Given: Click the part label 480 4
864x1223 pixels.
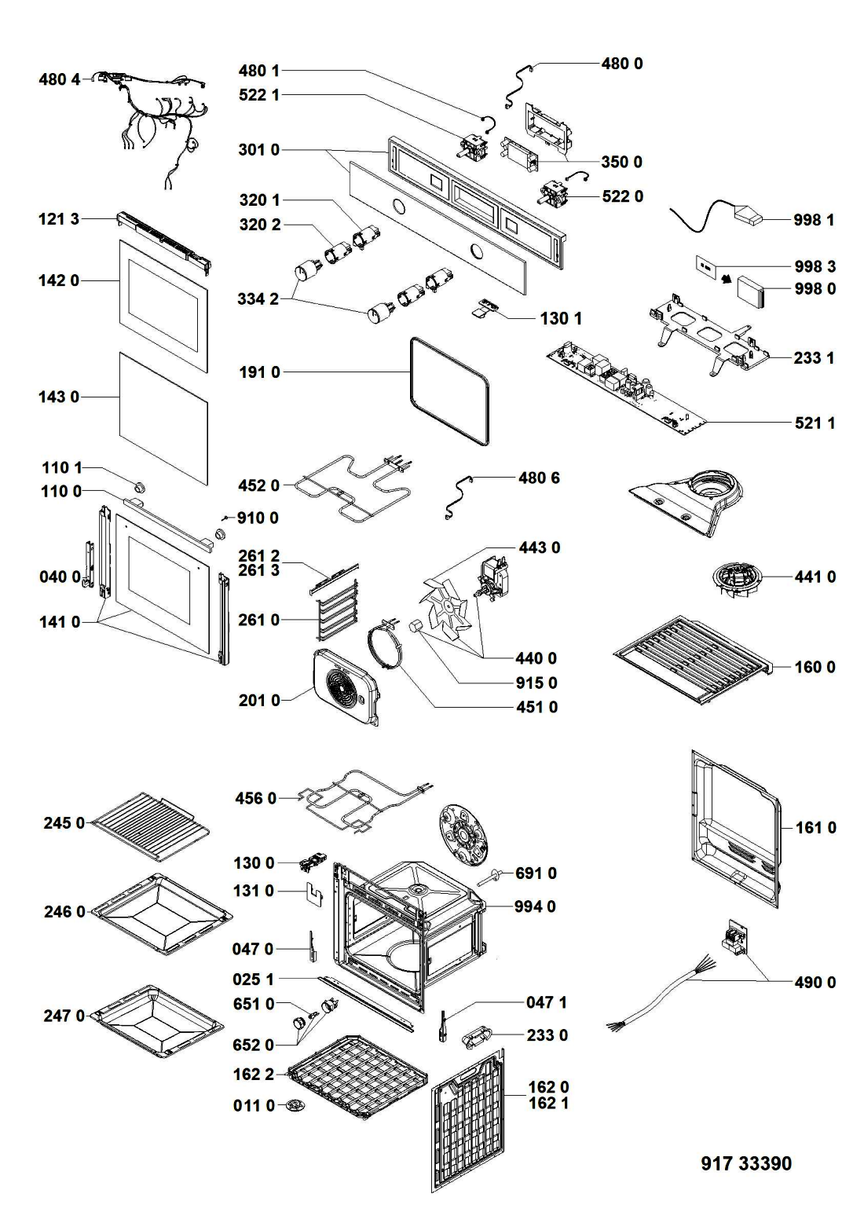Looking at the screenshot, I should point(59,79).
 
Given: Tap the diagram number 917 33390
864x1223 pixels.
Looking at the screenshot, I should point(745,1163).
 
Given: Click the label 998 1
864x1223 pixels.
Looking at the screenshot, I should point(814,220).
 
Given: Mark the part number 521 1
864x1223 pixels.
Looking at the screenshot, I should point(815,423).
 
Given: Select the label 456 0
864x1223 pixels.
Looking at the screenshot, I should point(256,799).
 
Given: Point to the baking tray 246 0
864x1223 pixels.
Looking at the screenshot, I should point(162,913).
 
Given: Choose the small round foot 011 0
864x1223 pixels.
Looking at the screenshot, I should point(295,1106).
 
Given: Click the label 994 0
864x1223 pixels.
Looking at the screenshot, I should point(535,906).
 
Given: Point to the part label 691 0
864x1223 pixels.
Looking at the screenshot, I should point(536,873).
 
